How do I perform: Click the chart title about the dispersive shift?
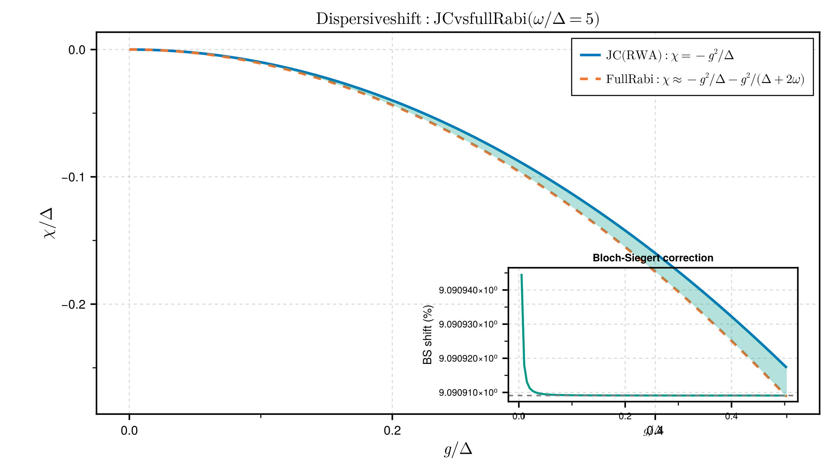click(457, 19)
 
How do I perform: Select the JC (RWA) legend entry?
click(670, 55)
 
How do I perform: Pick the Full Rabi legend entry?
click(705, 80)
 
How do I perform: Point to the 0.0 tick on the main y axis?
click(77, 50)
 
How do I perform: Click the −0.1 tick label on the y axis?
click(73, 177)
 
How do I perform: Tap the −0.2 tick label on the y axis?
click(73, 305)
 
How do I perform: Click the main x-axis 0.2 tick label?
click(392, 431)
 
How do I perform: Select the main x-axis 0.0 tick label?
click(129, 431)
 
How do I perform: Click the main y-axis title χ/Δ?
click(49, 223)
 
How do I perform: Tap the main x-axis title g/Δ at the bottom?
click(458, 449)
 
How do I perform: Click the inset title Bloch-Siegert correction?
click(653, 258)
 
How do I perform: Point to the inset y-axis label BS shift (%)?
click(428, 335)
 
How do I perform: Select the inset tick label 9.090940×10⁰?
click(468, 290)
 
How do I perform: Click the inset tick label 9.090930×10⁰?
click(468, 324)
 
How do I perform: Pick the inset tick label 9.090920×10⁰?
click(468, 358)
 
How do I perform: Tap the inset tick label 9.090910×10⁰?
click(468, 393)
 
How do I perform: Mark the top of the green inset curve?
click(522, 275)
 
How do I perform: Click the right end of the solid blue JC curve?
click(786, 367)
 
